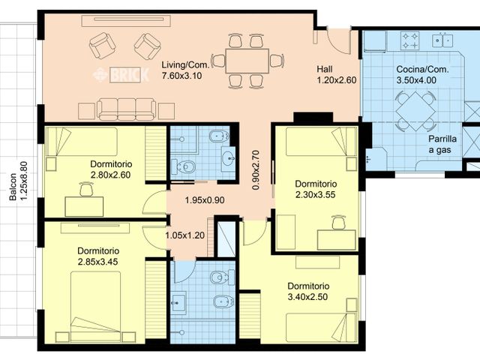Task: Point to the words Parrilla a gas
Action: [442, 144]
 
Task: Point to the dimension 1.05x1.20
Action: [184, 235]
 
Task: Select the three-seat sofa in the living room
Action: [134, 109]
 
